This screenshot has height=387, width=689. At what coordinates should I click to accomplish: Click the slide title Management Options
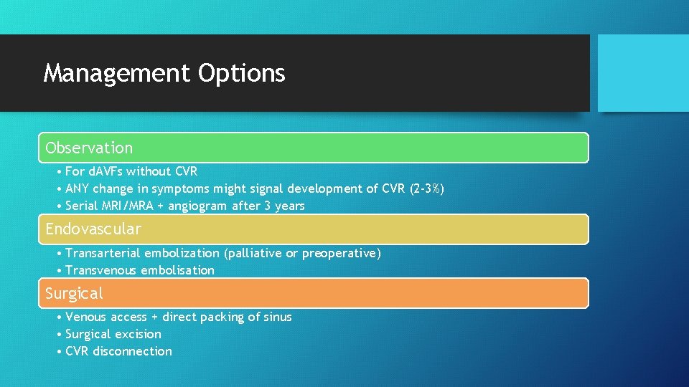[164, 73]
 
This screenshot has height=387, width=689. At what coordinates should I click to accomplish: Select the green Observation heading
[89, 148]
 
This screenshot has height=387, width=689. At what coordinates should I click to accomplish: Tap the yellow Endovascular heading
[93, 229]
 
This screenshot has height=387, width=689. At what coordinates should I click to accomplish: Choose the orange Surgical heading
[74, 294]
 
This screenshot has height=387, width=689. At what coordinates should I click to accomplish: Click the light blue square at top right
[642, 73]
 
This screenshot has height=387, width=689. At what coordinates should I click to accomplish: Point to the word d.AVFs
[106, 171]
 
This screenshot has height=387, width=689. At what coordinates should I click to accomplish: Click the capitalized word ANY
[78, 188]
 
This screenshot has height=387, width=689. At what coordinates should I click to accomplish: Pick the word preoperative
[341, 253]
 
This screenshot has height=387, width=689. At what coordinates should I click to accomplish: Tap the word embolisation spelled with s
[177, 270]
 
